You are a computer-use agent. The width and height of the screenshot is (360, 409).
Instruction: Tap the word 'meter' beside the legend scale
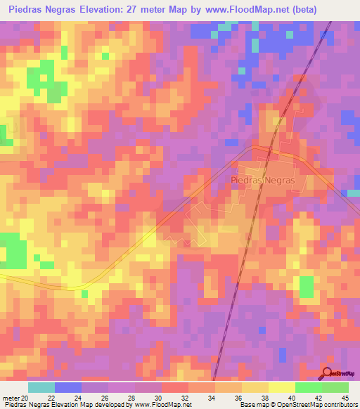point(10,397)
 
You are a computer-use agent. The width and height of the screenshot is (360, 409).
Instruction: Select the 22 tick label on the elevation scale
point(51,397)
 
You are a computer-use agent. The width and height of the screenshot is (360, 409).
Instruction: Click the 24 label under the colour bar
point(78,397)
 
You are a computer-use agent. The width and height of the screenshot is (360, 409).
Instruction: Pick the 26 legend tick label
point(105,397)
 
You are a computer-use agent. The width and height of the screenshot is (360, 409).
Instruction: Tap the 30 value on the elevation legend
point(159,397)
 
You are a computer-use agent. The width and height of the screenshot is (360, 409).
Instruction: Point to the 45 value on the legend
point(344,397)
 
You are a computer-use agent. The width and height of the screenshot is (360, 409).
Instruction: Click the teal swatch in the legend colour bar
point(41,387)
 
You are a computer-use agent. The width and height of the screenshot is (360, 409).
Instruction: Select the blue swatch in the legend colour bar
point(68,387)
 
